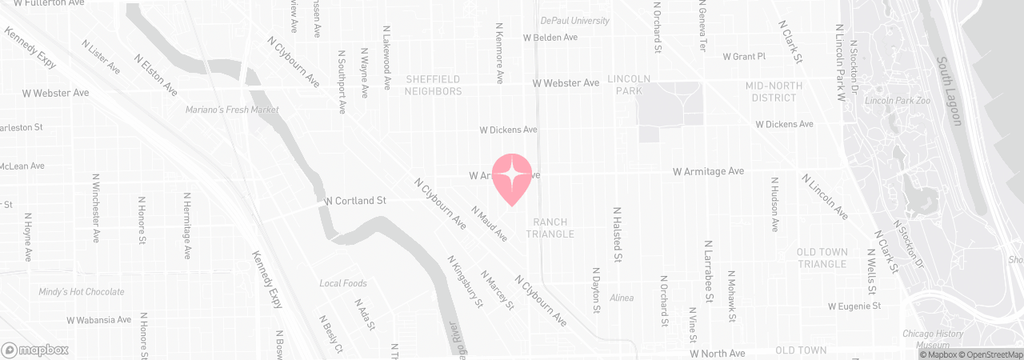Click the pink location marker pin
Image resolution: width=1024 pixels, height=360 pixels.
point(511,177)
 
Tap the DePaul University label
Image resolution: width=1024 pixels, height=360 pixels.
point(574,21)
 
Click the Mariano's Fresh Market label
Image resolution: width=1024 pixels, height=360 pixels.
point(232,110)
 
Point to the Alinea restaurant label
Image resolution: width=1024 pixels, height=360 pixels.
point(622,298)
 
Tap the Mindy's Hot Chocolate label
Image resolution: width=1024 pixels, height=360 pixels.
point(81,292)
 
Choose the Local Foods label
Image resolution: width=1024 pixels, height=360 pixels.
point(343,283)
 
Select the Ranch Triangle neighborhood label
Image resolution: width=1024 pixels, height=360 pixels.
point(550,228)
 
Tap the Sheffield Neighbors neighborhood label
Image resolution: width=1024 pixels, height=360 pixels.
point(434,85)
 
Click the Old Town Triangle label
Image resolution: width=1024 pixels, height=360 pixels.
point(822,258)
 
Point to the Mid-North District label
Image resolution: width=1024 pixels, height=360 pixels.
point(771,91)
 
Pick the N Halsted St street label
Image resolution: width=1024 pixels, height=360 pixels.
point(618,234)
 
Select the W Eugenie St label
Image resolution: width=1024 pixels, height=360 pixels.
point(854,306)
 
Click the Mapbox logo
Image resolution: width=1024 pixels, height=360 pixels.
point(35,350)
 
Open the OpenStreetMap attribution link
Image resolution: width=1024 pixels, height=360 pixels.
point(994,354)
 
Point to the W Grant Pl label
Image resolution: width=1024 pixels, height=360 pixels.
point(744,57)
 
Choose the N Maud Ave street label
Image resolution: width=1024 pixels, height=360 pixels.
point(490,224)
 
